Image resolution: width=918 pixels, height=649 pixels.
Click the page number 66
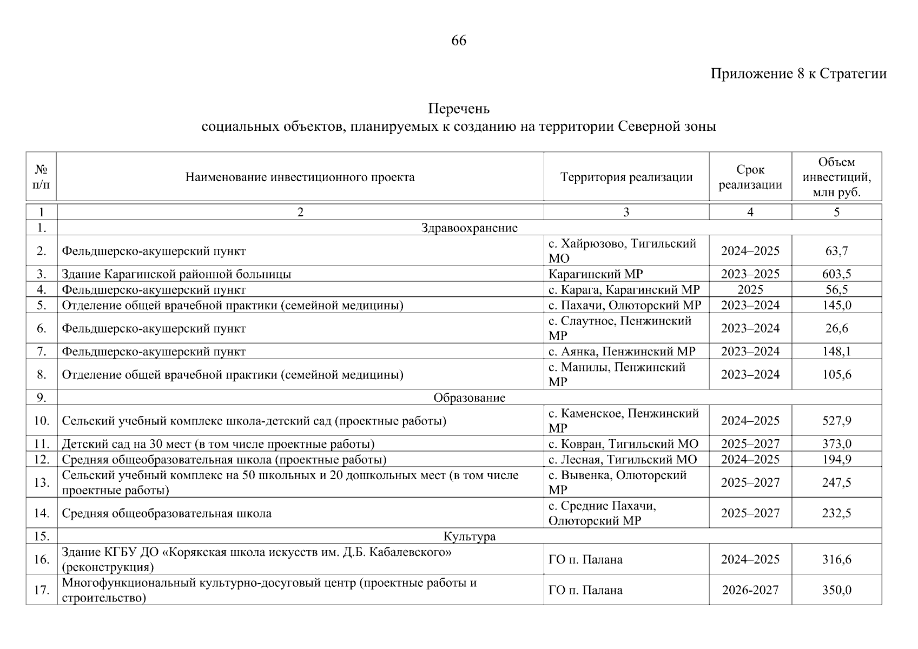pos(459,41)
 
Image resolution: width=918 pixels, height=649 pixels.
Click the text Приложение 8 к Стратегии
pos(798,74)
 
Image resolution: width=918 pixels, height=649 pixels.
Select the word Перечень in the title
pos(459,109)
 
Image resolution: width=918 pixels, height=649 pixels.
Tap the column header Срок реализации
pos(750,177)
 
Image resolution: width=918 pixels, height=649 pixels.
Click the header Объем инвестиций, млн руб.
pos(836,177)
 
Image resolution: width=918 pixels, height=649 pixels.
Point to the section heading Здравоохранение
pos(469,228)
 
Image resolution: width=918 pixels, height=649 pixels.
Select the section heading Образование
pos(469,398)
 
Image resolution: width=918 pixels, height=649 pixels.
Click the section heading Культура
pos(469,536)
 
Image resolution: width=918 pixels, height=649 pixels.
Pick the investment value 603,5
pos(836,274)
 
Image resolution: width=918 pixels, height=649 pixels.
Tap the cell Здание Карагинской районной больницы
pos(176,274)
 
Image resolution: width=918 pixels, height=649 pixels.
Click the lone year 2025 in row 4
pos(750,289)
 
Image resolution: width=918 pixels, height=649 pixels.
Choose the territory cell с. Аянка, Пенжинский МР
pos(622,352)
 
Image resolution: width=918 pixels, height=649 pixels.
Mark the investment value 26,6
pos(836,328)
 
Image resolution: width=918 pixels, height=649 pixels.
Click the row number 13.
pos(41,482)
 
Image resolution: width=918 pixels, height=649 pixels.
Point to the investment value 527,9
pos(836,421)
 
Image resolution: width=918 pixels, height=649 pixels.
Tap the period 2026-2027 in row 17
pos(750,590)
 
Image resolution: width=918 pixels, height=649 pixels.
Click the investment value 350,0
pos(836,590)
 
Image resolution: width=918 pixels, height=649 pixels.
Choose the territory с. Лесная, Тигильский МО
pos(623,460)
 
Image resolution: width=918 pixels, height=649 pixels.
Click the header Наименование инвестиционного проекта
pos(300,177)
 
